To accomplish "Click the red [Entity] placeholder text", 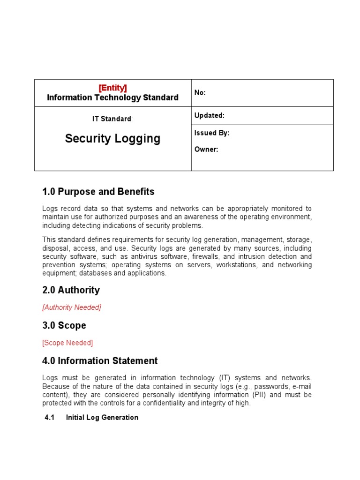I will (x=112, y=88).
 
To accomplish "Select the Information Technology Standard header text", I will (x=112, y=97).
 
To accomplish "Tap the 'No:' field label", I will (x=200, y=93).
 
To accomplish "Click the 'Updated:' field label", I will (x=209, y=115).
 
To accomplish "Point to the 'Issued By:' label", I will (x=212, y=133).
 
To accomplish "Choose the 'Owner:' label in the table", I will (x=206, y=150).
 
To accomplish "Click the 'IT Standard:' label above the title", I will (x=112, y=119).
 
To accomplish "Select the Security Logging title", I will (x=112, y=138).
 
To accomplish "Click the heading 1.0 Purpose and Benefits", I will (x=98, y=192).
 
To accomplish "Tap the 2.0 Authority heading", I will (x=71, y=290).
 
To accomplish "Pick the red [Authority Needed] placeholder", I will (x=72, y=307).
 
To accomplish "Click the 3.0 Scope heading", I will (x=64, y=325).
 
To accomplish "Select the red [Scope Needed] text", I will (x=67, y=343).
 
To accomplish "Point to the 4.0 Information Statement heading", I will (x=100, y=360).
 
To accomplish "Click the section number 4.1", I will (x=50, y=417).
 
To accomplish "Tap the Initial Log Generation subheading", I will (x=102, y=417).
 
